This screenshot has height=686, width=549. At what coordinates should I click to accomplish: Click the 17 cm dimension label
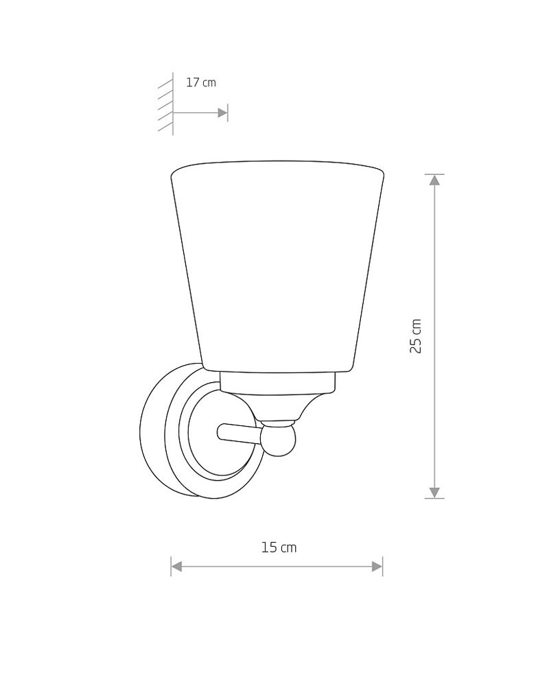pos(201,82)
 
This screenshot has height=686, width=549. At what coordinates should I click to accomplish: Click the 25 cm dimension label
pos(415,336)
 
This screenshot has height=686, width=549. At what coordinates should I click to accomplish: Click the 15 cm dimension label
pos(279,547)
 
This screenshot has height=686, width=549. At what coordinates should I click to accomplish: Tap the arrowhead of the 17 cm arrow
pos(222,113)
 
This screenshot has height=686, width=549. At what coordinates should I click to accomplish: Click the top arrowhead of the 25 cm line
pos(434,180)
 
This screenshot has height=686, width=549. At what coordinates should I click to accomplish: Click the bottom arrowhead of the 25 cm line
pos(434,492)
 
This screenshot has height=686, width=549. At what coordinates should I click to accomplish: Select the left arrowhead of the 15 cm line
pos(176,567)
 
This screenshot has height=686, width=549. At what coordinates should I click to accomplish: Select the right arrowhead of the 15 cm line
pos(377,567)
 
